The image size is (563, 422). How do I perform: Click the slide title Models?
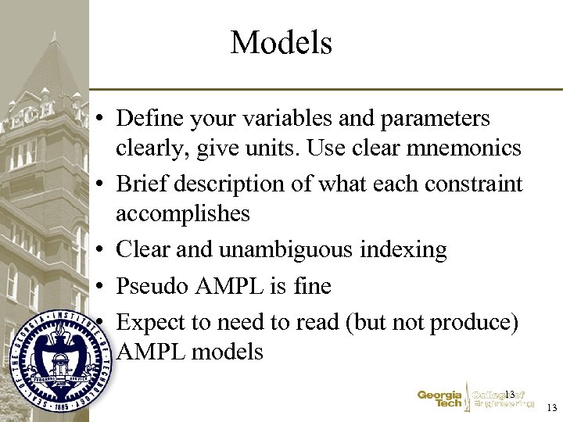pyautogui.click(x=281, y=42)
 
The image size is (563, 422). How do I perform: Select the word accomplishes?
pyautogui.click(x=182, y=213)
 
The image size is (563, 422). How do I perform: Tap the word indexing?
pyautogui.click(x=408, y=250)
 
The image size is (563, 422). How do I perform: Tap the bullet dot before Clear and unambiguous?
pyautogui.click(x=102, y=251)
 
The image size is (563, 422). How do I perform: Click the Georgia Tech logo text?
pyautogui.click(x=439, y=399)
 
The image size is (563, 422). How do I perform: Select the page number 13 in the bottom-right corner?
pyautogui.click(x=552, y=408)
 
